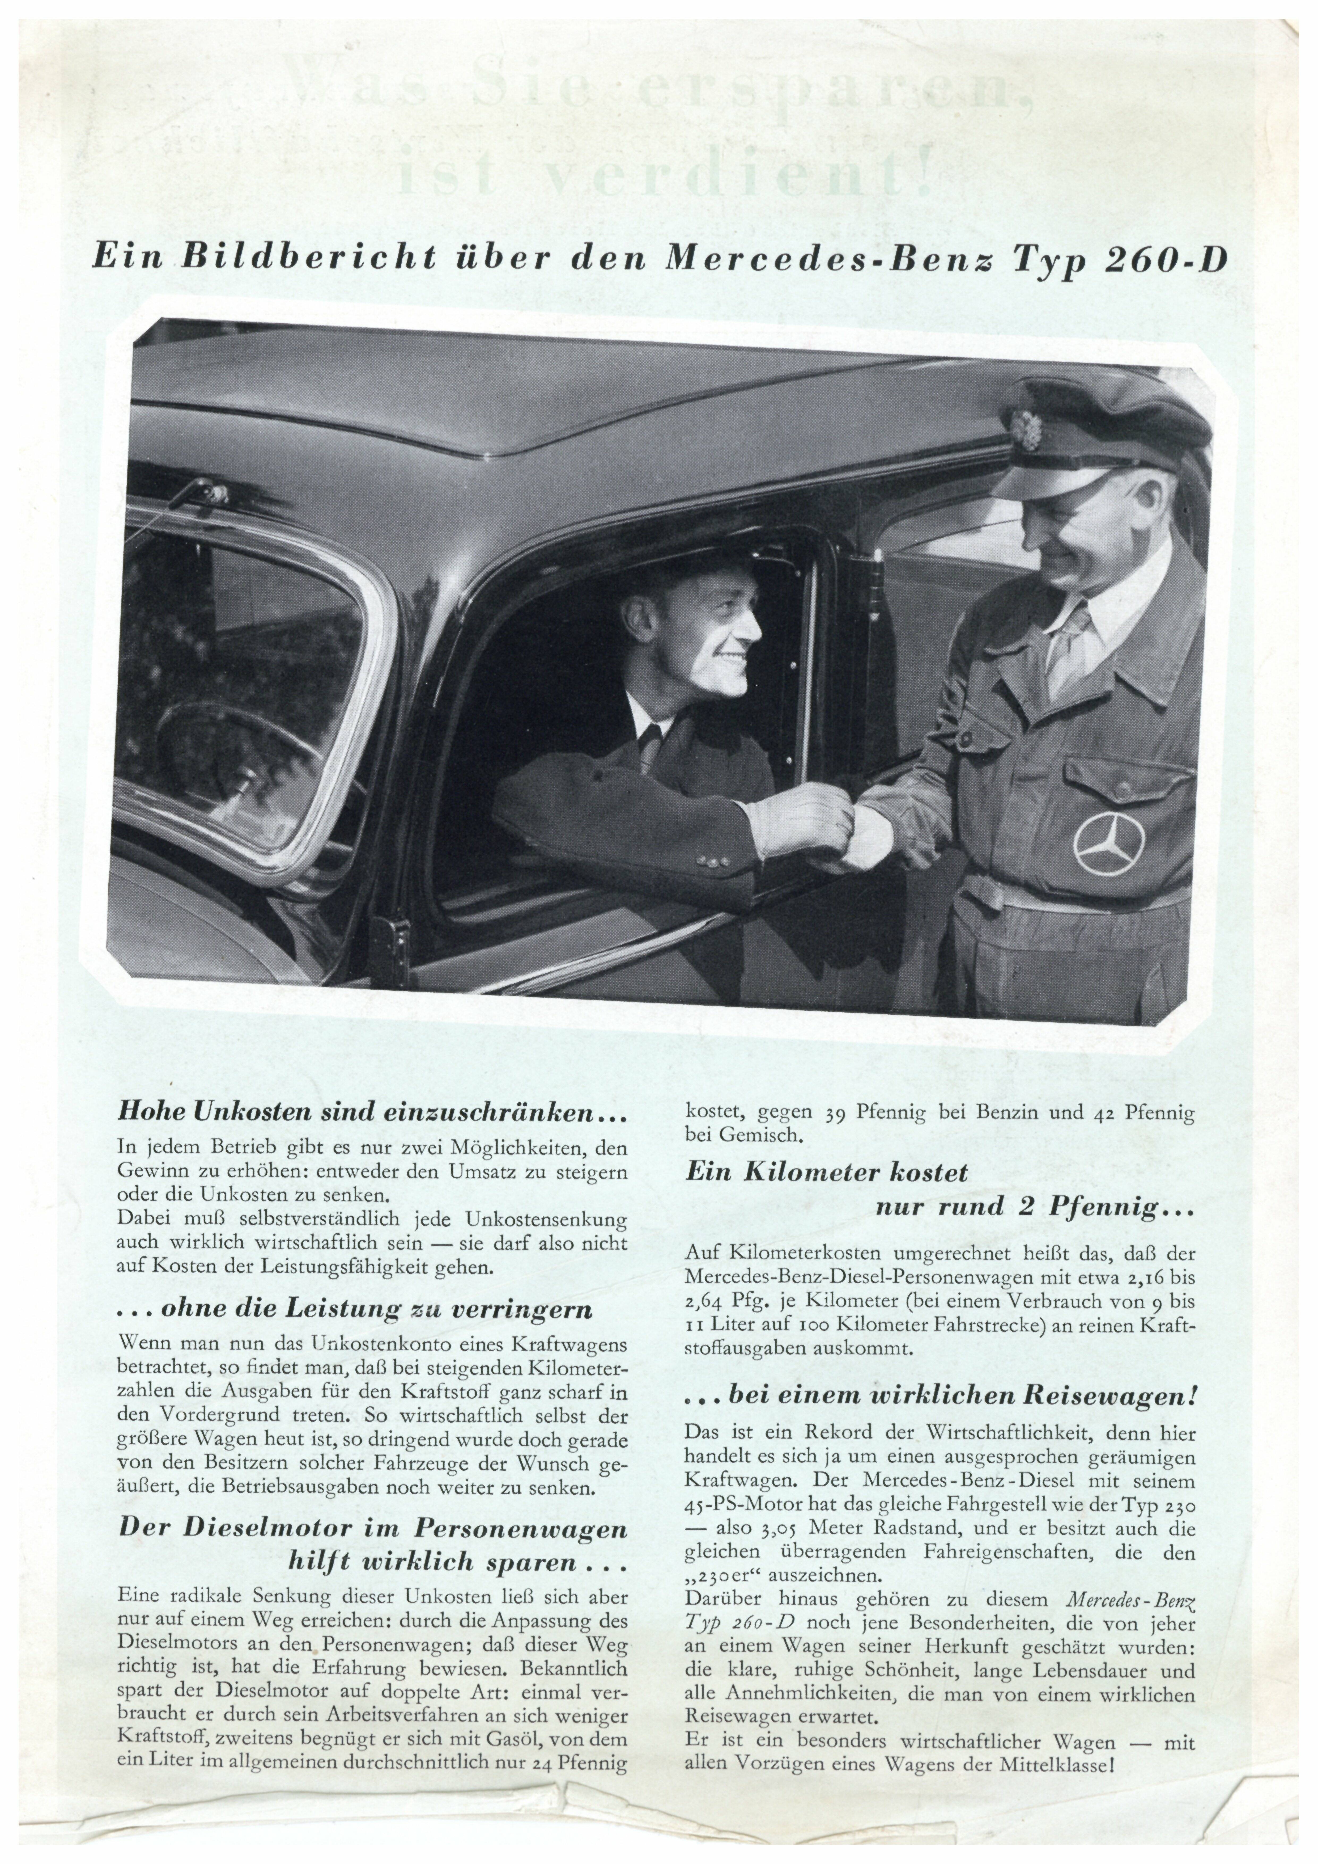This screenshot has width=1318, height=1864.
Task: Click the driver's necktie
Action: [649, 747]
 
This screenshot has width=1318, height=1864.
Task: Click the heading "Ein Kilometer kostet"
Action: [826, 1171]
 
